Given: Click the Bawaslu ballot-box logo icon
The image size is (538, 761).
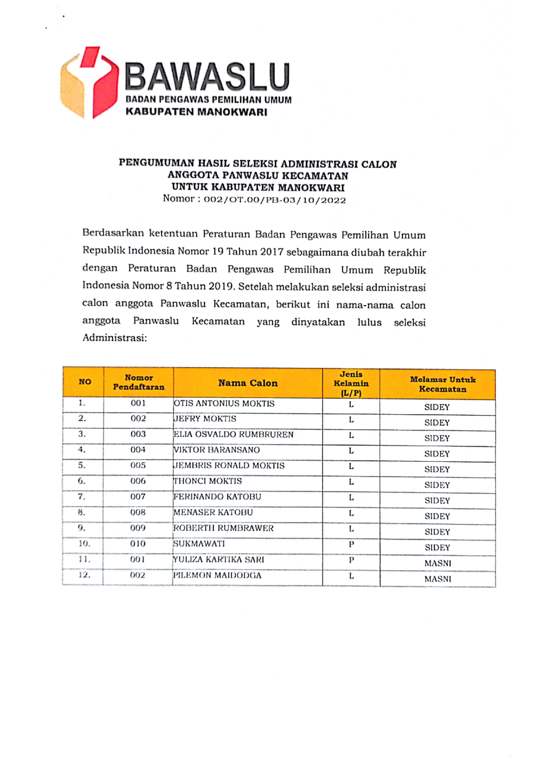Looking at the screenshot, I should point(89,82).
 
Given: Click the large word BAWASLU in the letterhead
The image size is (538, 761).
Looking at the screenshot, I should point(207,77).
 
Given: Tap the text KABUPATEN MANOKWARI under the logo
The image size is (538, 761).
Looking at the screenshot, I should point(196,112).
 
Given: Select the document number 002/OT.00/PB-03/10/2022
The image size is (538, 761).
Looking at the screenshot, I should point(275,200).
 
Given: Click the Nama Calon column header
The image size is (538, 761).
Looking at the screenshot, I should point(248,383).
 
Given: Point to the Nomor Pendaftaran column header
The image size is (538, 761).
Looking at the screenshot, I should point(139,382).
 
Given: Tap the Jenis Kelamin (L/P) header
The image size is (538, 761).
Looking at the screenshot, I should point(351,383).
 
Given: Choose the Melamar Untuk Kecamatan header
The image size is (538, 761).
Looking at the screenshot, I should point(443,384).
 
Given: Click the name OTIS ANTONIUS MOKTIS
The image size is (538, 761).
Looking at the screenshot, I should point(224,403).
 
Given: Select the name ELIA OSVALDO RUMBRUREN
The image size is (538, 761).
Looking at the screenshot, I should point(234,434).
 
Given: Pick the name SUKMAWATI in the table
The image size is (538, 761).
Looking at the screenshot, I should point(199,544).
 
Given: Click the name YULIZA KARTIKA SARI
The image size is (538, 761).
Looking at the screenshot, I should point(219,559).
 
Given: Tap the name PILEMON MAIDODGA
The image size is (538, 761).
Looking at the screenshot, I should point(217,575).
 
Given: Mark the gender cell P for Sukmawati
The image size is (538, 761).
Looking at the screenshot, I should point(351,544).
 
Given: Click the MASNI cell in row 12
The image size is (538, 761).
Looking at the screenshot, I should point(438,579).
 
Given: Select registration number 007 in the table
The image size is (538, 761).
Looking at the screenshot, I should point(138,497).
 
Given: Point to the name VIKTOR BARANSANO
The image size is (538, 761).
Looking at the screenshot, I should point(217,450).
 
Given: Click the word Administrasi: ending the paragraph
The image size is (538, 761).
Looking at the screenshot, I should point(115,338).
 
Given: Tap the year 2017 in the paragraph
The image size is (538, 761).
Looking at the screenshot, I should point(272,252).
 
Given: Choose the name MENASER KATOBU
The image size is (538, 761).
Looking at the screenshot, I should point(213,513).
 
